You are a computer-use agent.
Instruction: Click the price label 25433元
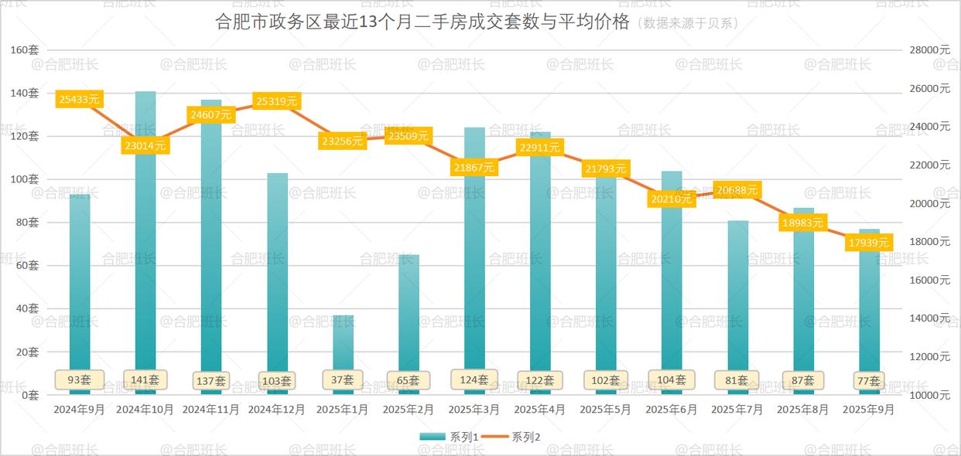coord(80,99)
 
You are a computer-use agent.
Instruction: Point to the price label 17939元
coord(869,243)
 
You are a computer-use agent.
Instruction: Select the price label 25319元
coord(277,101)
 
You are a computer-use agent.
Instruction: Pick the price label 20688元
coord(737,189)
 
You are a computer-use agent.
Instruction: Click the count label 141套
coord(145,379)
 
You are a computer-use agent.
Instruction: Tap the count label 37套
coord(343,379)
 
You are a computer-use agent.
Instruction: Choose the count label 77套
coord(869,380)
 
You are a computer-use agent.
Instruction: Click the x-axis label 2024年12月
coord(277,410)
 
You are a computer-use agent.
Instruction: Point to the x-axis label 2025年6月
coord(672,410)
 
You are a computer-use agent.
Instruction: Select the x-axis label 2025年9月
coord(869,410)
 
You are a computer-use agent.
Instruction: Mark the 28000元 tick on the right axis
coord(929,50)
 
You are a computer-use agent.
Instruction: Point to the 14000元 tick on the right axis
coord(929,318)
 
